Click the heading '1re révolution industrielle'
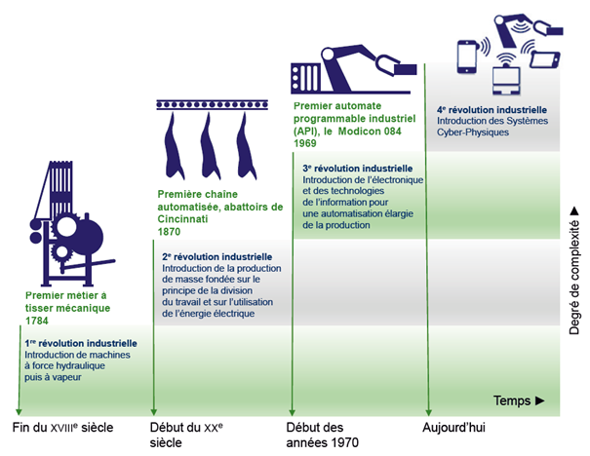[x=81, y=344]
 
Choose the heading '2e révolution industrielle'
[x=216, y=256]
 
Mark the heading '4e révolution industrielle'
[x=492, y=110]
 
